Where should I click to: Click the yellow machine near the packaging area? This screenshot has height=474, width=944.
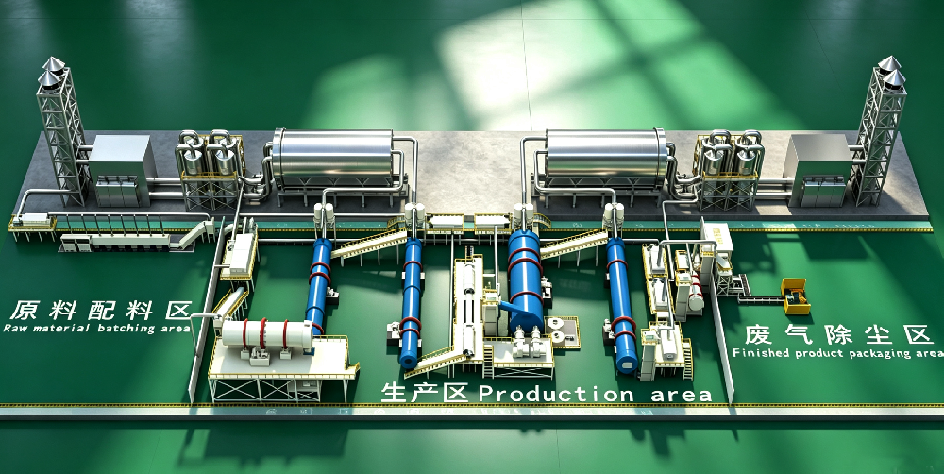pyautogui.click(x=795, y=296)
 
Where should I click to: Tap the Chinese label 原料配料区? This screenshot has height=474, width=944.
pyautogui.click(x=100, y=310)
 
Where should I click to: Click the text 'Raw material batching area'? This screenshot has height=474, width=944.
pyautogui.click(x=96, y=329)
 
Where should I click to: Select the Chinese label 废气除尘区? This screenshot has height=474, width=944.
pyautogui.click(x=838, y=334)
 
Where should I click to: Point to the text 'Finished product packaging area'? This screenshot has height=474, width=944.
pyautogui.click(x=837, y=353)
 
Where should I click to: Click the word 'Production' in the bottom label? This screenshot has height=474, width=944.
pyautogui.click(x=556, y=394)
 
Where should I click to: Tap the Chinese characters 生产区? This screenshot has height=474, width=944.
pyautogui.click(x=425, y=394)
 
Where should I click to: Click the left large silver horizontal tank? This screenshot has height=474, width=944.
pyautogui.click(x=333, y=158)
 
